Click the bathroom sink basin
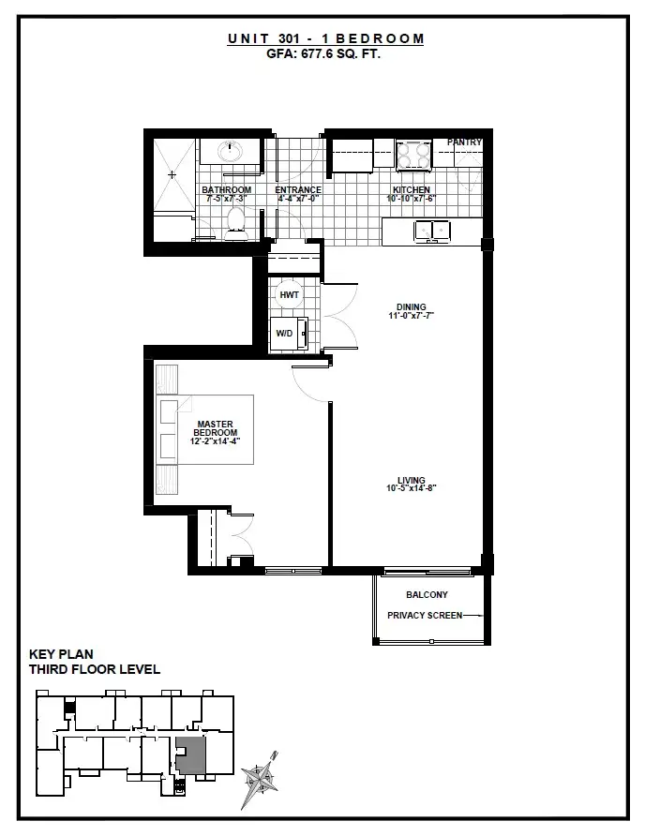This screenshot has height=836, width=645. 231,150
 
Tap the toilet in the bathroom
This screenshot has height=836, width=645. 235,224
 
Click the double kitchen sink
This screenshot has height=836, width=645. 432,231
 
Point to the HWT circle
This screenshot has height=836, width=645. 289,295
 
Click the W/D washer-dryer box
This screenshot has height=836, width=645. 289,334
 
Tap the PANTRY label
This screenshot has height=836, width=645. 464,142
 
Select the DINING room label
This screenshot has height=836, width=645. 412,307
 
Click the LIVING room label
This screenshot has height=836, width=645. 412,480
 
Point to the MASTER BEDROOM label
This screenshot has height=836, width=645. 215,428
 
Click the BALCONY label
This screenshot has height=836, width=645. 427,594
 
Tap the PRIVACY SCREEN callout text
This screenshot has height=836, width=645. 425,615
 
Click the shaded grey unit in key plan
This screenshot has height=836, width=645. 191,755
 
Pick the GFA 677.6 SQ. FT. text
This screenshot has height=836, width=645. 323,53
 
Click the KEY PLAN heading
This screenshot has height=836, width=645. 61,654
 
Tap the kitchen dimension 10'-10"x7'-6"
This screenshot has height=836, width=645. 412,199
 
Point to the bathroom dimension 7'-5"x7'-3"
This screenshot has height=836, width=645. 226,199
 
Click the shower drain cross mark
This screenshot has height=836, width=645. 172,174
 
